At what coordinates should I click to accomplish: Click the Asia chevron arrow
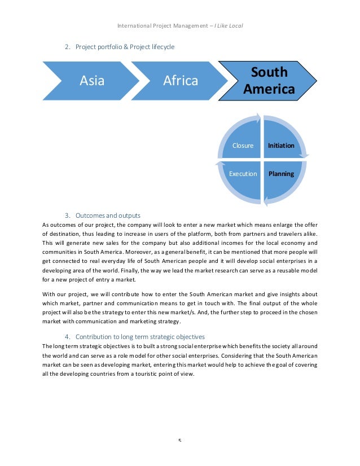(92, 81)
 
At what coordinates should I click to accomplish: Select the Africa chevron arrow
(181, 81)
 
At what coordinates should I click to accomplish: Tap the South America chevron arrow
(269, 81)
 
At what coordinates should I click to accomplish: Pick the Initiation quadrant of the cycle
(281, 146)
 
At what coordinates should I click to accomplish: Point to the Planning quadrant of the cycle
(281, 174)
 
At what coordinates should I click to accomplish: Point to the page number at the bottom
(180, 441)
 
